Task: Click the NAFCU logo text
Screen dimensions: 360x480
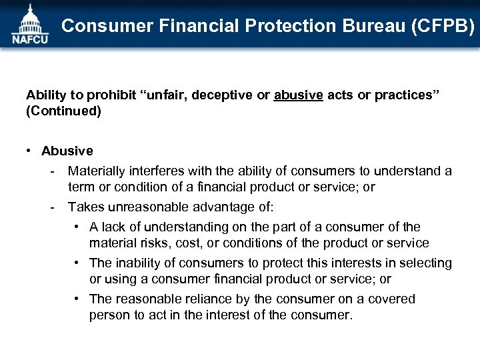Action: (29, 39)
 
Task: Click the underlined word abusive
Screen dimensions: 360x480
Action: (299, 95)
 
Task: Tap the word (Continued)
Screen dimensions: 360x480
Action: (64, 111)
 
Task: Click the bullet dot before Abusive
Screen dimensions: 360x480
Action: (31, 151)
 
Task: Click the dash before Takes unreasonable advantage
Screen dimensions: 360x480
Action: (51, 207)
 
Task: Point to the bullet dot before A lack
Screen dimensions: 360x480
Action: (79, 227)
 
